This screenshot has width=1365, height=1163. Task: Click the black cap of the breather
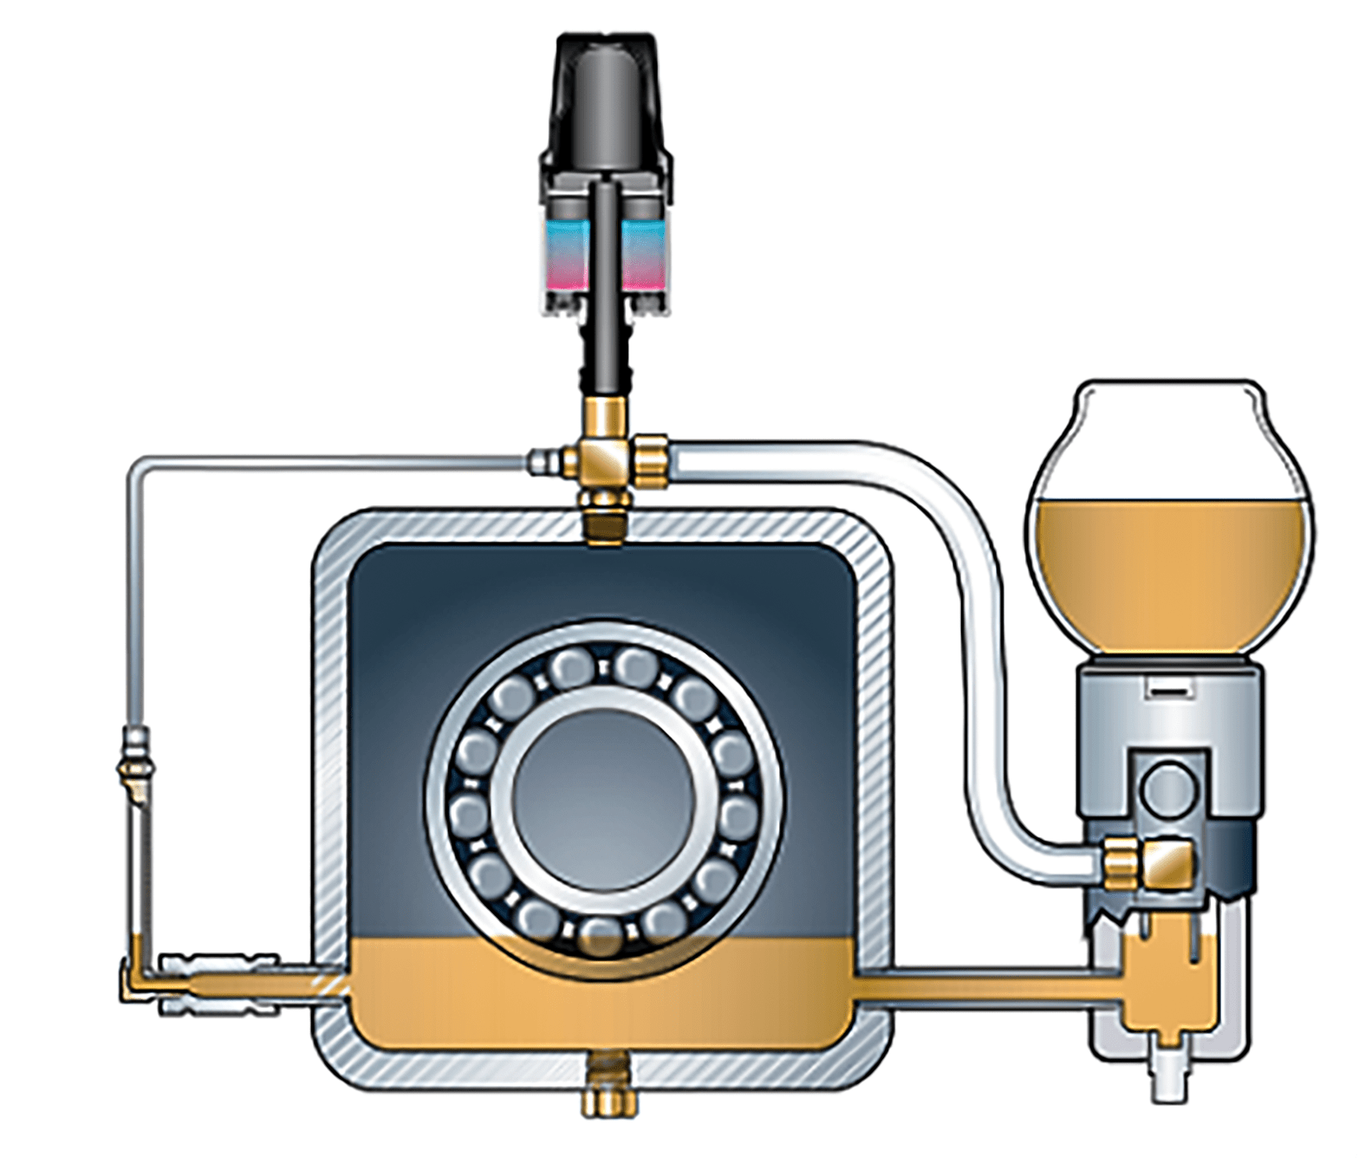[606, 95]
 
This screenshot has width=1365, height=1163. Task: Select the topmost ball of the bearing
[574, 666]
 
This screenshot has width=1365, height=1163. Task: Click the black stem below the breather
[606, 355]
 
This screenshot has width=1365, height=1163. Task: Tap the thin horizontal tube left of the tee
[329, 460]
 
